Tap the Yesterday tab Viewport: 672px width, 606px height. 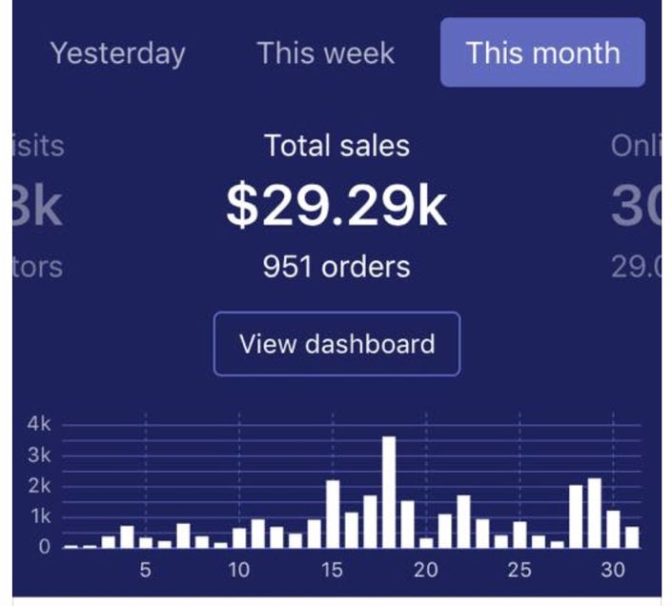coord(117,53)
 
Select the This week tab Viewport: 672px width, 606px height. coord(325,53)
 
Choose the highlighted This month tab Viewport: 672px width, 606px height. coord(542,52)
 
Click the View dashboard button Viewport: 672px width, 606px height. coord(336,344)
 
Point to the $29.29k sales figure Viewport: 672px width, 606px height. coord(336,205)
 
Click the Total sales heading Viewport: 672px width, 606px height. coord(336,146)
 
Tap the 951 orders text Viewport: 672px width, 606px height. coord(336,267)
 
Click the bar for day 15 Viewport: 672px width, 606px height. coord(333,514)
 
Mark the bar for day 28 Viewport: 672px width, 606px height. coord(576,516)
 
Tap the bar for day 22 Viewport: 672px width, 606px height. coord(463,521)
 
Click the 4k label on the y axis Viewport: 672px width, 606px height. coord(38,424)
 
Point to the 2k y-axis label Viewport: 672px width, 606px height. coord(38,486)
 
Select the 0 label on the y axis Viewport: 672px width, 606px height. coord(44,548)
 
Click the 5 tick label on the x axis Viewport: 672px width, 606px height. coord(145,571)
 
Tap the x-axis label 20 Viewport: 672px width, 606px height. coord(425,571)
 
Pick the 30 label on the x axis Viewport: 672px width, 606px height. coord(613,571)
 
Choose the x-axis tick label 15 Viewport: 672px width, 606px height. coord(332,571)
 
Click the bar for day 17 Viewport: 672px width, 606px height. coord(370,521)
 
